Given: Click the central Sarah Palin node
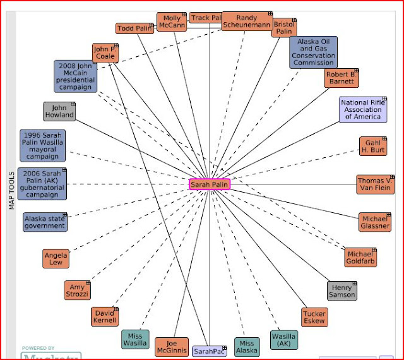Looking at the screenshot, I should pos(210,184).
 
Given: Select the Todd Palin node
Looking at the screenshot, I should pos(134,28).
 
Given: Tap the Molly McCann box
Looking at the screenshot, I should pos(171,22).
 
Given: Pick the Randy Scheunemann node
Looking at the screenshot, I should pos(246,22).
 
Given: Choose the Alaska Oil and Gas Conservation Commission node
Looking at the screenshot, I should pos(313,52).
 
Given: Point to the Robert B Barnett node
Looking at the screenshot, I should pos(342,78).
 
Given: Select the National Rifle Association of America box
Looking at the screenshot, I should pos(362,110).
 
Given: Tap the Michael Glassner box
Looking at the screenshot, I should pos(375,222).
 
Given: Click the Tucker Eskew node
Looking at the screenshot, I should pos(314,318).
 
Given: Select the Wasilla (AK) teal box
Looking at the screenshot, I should pos(283,340).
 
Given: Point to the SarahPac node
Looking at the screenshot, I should pos(209,351).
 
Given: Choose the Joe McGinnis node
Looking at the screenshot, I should pos(171,347).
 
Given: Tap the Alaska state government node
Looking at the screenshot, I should pos(44,222).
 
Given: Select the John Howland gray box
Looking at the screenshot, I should pos(59,112).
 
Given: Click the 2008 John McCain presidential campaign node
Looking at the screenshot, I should pos(75,76).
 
